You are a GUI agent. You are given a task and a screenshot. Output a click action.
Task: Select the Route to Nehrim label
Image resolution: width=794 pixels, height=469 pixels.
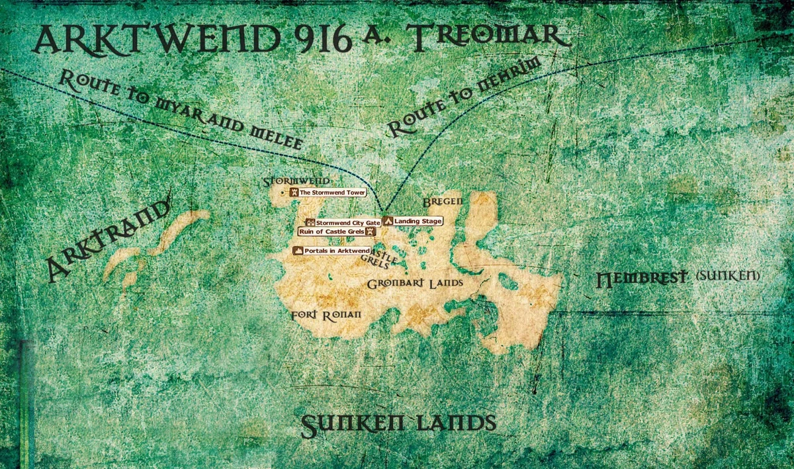(463, 97)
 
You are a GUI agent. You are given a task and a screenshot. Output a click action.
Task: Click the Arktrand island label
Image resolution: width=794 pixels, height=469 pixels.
(106, 241)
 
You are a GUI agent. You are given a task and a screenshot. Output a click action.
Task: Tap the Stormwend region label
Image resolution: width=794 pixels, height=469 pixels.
(296, 181)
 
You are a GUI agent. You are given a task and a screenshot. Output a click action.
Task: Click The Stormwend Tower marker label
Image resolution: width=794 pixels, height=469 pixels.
(332, 192)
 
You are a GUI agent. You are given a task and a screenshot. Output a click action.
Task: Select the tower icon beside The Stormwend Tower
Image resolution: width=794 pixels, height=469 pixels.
(294, 192)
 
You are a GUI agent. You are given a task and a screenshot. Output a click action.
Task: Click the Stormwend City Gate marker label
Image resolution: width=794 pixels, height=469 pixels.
(347, 223)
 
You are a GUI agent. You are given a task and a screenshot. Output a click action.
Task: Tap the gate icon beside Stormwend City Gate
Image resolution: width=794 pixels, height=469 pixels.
(310, 223)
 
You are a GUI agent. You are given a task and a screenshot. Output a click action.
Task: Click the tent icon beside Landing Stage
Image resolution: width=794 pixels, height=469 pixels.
(388, 221)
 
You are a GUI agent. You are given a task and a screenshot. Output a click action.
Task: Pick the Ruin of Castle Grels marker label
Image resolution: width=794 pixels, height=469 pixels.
(332, 232)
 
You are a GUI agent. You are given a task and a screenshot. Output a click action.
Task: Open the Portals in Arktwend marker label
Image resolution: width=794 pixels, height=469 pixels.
(336, 251)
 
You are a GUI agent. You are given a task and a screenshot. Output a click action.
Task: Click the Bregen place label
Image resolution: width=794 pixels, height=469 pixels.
(442, 200)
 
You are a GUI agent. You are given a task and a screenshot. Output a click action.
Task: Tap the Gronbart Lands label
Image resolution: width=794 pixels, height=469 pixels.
(415, 283)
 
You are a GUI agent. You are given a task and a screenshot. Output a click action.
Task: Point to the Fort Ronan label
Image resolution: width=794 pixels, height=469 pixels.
(326, 316)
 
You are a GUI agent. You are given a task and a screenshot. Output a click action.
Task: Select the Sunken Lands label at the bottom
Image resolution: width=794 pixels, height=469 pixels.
(398, 424)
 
